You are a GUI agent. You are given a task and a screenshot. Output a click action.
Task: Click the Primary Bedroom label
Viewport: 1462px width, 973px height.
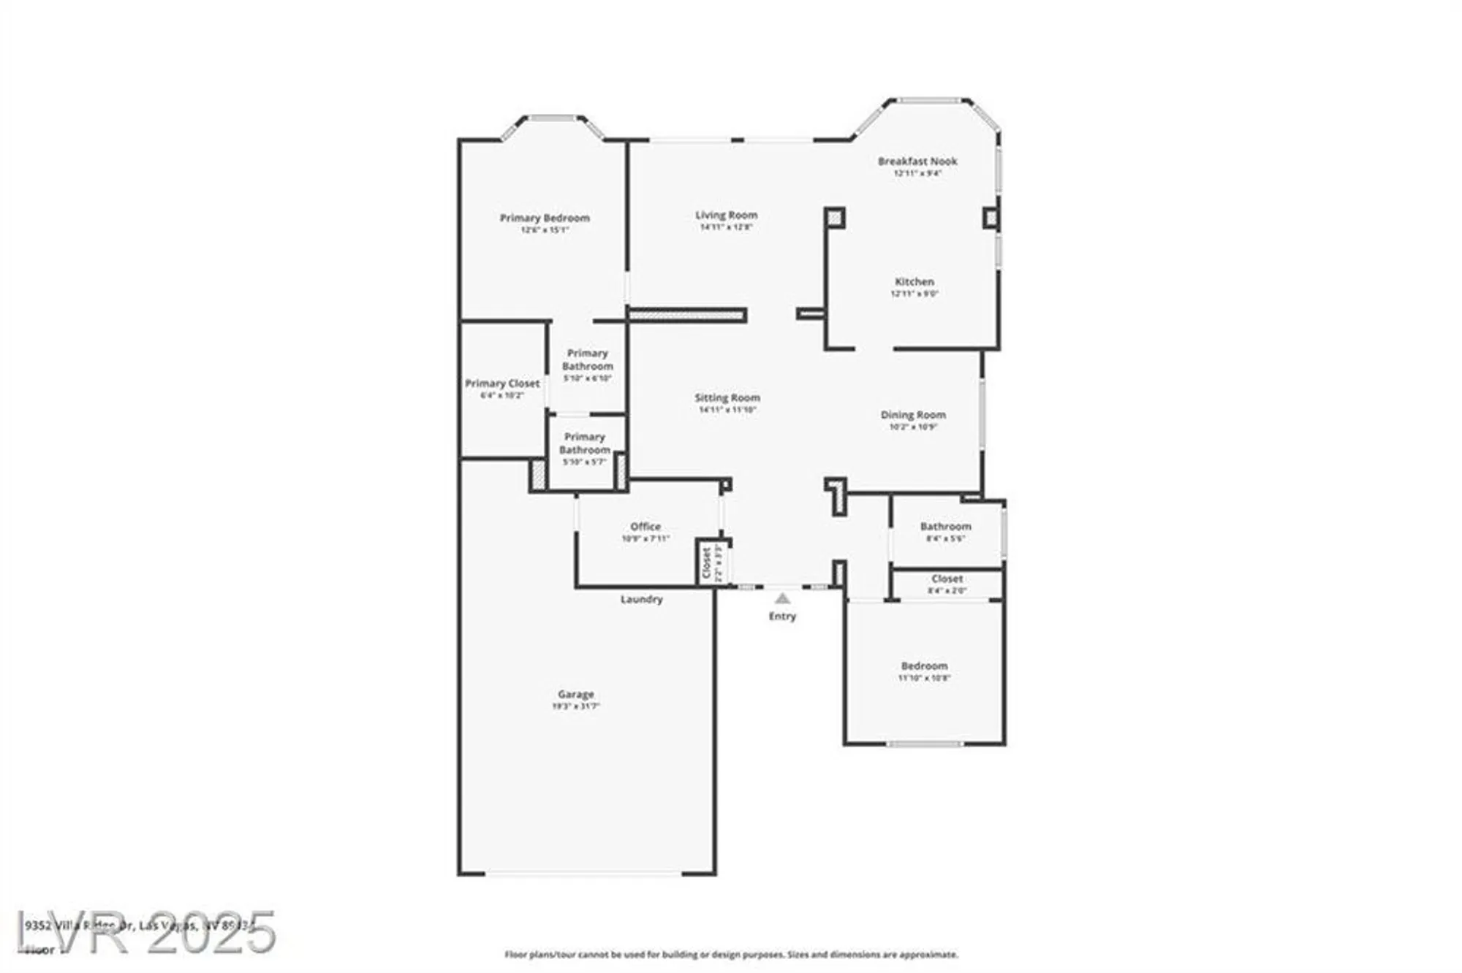(545, 218)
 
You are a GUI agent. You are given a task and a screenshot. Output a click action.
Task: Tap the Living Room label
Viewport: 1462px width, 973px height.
(726, 215)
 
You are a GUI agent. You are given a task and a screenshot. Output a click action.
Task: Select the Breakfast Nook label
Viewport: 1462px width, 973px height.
(917, 161)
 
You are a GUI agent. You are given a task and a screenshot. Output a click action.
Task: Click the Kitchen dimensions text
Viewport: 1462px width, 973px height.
(914, 294)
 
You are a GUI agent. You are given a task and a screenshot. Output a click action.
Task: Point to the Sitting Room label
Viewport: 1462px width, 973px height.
(727, 397)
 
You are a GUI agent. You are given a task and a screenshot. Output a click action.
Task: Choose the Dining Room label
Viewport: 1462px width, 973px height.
(913, 415)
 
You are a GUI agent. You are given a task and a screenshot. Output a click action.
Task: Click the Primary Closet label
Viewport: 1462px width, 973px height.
(502, 384)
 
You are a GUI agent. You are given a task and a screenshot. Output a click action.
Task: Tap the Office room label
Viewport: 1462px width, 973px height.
(645, 527)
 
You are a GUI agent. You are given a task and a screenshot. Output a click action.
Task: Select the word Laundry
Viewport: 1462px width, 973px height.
(642, 599)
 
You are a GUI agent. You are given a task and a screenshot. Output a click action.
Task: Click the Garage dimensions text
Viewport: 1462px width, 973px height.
(575, 706)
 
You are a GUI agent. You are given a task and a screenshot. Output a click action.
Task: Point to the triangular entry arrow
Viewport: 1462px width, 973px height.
(782, 598)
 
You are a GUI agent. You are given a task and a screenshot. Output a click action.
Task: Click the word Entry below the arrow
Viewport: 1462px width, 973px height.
(782, 617)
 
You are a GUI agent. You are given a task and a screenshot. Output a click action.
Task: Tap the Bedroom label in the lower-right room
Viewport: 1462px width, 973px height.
(924, 666)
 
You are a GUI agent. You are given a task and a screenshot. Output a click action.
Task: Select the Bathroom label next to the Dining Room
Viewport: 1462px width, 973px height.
(945, 527)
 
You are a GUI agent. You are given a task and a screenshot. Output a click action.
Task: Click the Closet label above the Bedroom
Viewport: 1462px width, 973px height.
(947, 579)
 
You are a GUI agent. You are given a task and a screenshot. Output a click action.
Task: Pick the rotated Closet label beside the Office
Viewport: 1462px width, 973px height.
(707, 563)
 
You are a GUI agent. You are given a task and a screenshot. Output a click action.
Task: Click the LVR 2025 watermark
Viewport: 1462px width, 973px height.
(146, 932)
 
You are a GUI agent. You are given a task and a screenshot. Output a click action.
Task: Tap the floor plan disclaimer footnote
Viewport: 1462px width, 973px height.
(731, 955)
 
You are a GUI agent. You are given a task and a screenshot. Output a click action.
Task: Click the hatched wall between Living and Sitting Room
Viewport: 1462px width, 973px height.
(687, 315)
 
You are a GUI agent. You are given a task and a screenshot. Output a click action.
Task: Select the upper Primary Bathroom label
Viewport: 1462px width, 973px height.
(588, 359)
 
